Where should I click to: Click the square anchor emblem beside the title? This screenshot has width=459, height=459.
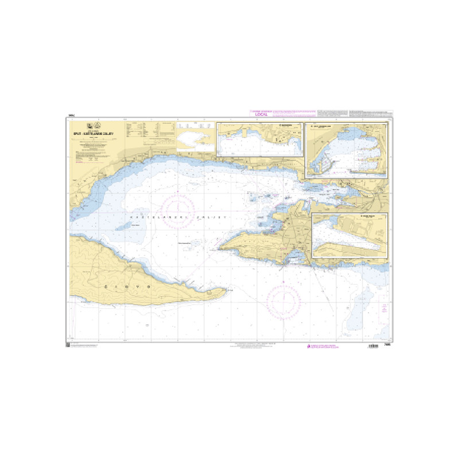tap(90, 126)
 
